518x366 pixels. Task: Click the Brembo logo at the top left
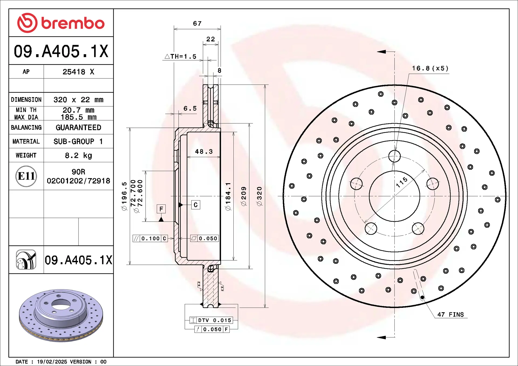61,23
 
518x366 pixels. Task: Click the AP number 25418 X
78,72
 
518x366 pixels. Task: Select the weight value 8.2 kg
78,156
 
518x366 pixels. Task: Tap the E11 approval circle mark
26,176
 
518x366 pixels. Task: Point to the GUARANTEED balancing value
78,127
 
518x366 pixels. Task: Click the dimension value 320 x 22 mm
78,100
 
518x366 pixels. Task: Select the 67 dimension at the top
197,23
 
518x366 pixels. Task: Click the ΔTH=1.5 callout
180,56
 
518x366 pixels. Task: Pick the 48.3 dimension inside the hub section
204,152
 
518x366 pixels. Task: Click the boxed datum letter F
161,209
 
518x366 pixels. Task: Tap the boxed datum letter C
196,205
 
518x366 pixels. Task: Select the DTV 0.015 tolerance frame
211,320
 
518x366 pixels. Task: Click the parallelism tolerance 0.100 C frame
150,239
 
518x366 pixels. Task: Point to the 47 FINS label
450,315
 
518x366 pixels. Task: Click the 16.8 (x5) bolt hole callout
430,68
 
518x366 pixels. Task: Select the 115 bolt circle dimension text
402,182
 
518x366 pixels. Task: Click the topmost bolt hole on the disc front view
394,156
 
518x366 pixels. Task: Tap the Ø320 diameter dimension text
259,196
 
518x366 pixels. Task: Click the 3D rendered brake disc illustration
61,315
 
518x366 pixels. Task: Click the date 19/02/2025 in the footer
52,362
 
